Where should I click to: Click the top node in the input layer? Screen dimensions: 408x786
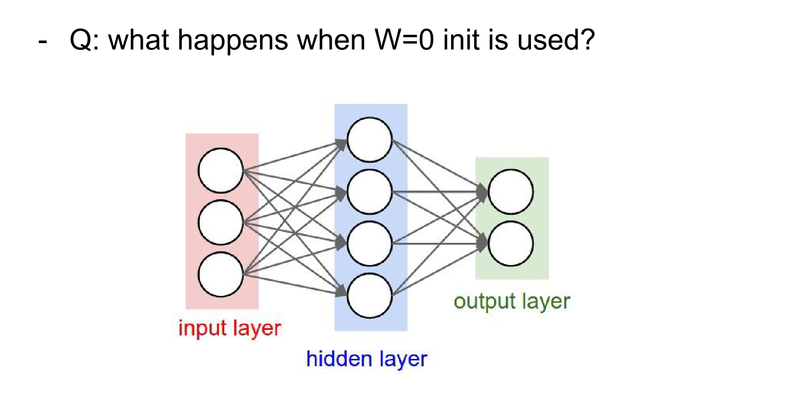pos(221,171)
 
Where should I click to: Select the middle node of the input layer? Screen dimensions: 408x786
pos(221,222)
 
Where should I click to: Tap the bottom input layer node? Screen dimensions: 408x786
pos(221,275)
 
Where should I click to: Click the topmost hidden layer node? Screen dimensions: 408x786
pos(369,140)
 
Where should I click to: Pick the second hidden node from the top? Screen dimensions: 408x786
pos(369,192)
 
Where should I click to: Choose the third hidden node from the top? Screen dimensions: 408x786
pos(369,244)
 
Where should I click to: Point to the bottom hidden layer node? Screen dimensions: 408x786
pos(369,295)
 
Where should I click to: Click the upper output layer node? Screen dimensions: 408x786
pos(511,192)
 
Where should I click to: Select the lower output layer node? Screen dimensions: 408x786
pos(511,244)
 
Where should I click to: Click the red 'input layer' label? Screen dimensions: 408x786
pos(230,328)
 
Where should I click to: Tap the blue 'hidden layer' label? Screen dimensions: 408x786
pos(367,359)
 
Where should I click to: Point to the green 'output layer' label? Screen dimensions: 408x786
pos(511,301)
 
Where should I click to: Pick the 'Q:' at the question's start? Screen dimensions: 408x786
pos(84,40)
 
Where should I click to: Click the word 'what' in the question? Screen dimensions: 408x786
pos(139,40)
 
